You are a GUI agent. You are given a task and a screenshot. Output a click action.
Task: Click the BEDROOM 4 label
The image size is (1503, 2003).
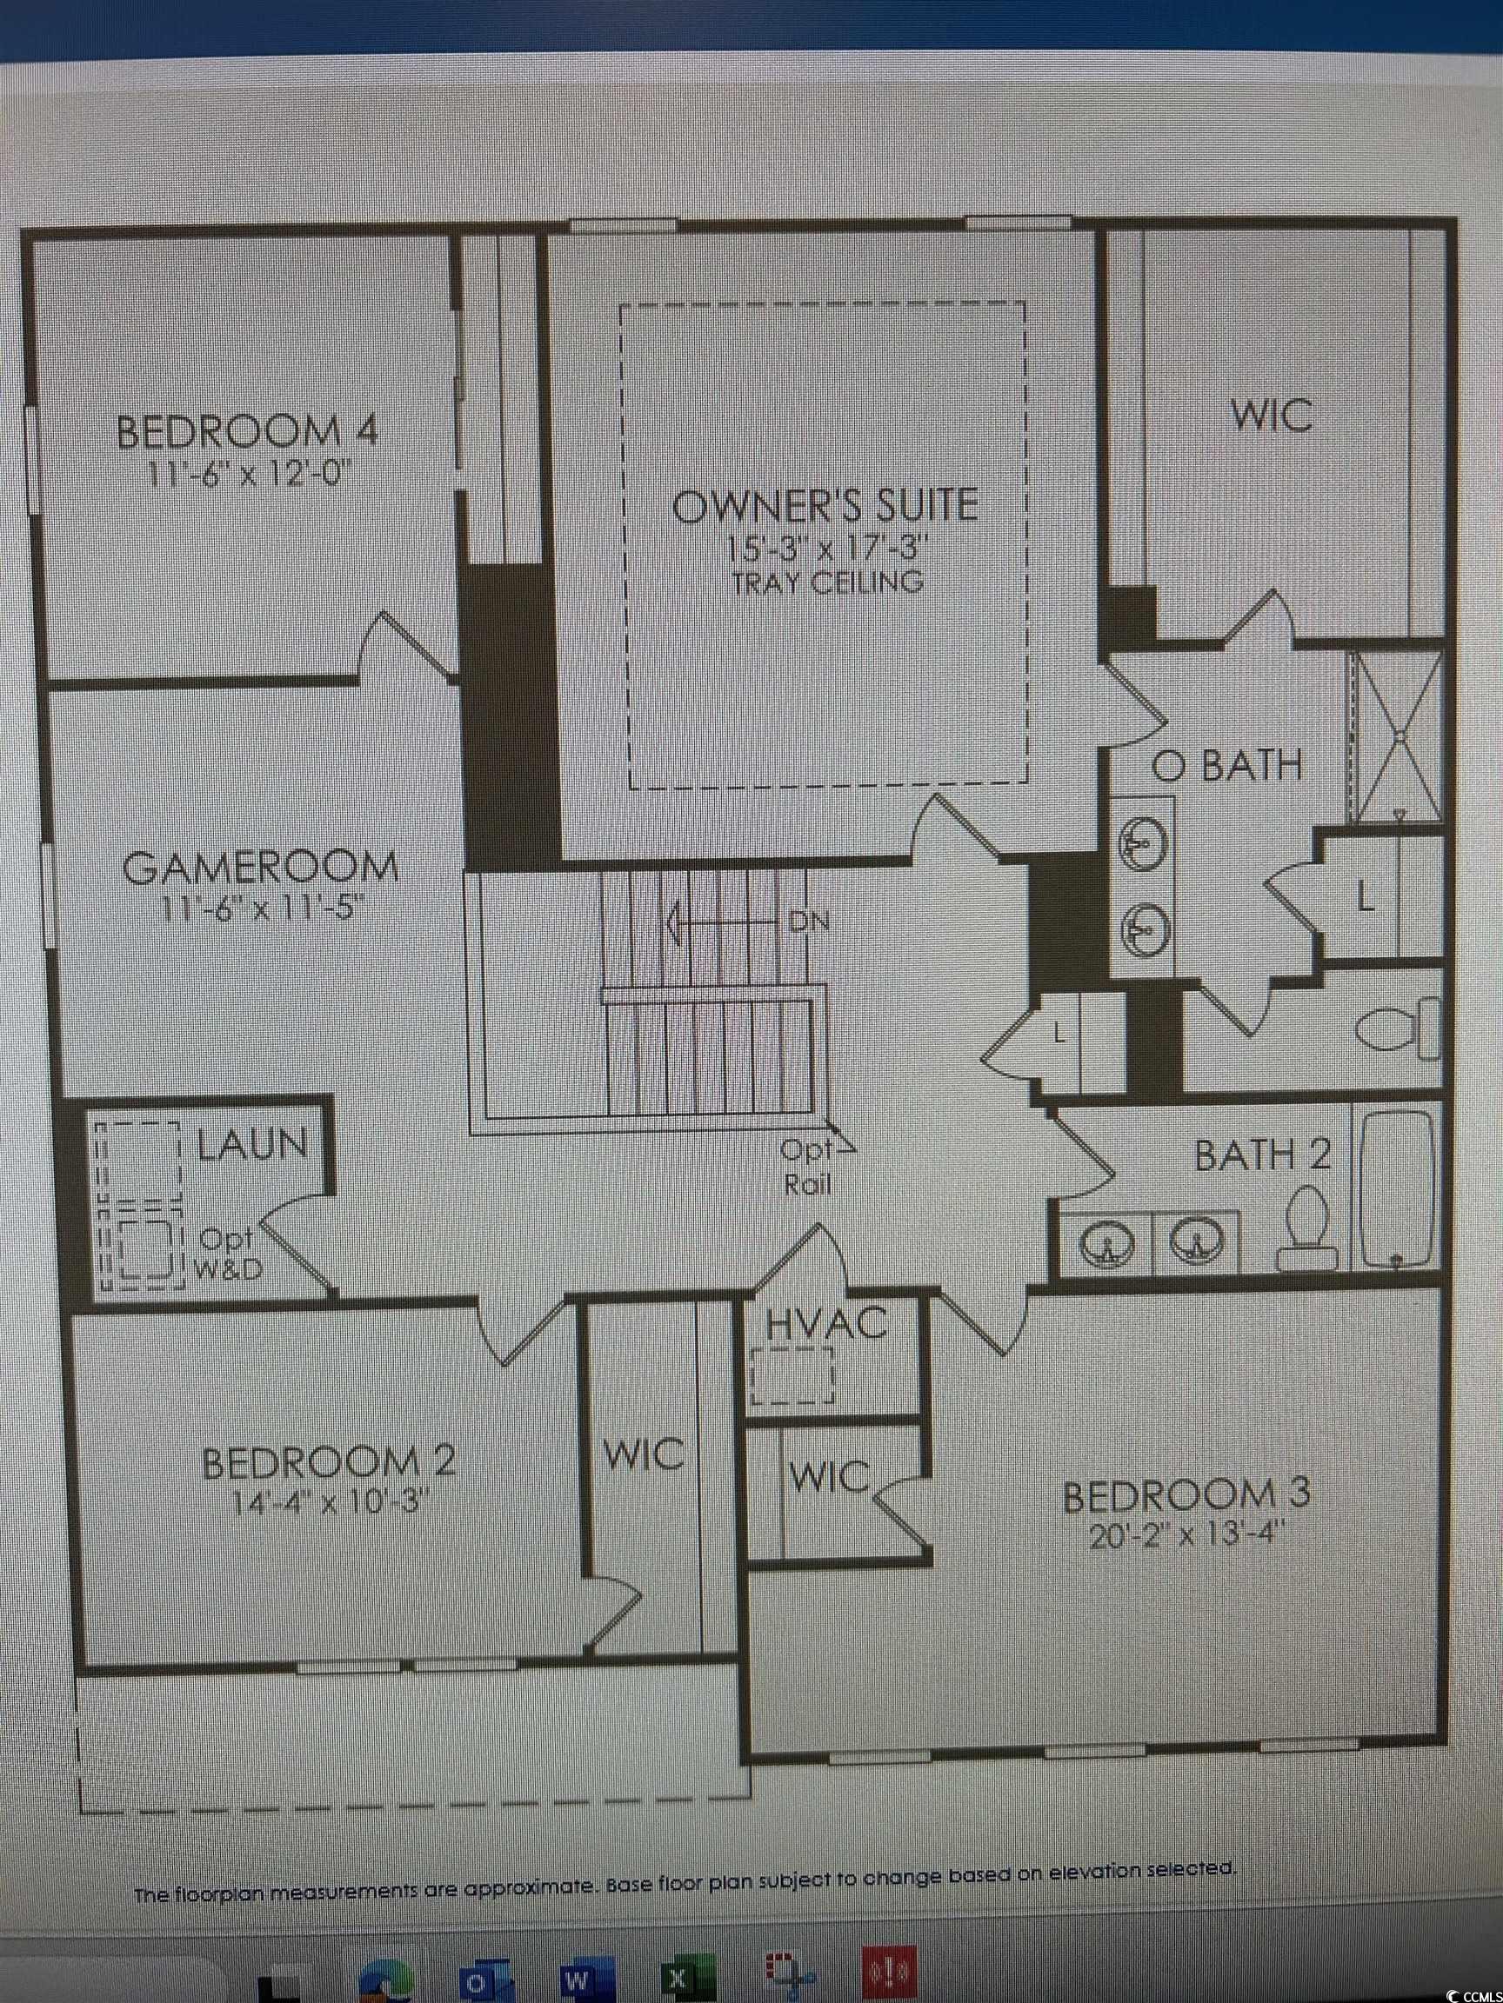click(x=246, y=431)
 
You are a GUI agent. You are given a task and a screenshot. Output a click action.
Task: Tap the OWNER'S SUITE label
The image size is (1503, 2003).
click(x=825, y=504)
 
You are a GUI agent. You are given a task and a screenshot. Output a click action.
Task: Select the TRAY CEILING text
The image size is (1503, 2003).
click(x=827, y=582)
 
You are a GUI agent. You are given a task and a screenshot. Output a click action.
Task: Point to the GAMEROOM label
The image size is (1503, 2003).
click(x=260, y=868)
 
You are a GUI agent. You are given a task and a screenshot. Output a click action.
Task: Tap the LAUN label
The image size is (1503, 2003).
click(x=252, y=1145)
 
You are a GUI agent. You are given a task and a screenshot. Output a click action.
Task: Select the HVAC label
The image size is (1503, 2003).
click(x=825, y=1324)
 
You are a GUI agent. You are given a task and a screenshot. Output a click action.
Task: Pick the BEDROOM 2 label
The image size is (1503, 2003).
click(x=328, y=1462)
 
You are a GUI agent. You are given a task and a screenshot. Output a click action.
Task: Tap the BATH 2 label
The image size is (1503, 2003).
click(x=1262, y=1155)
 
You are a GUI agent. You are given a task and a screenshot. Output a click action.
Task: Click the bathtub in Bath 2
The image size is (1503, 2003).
click(x=1396, y=1188)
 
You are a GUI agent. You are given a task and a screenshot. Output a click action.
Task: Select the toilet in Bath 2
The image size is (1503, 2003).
click(x=1307, y=1227)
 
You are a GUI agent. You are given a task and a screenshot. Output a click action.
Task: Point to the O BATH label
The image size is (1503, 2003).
click(x=1226, y=766)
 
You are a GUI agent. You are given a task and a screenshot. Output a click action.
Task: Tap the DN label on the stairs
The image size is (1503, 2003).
click(x=808, y=922)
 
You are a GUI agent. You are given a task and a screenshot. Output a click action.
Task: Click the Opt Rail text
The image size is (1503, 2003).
click(x=805, y=1168)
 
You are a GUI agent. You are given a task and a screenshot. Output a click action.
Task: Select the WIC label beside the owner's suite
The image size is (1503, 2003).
click(x=1270, y=416)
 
